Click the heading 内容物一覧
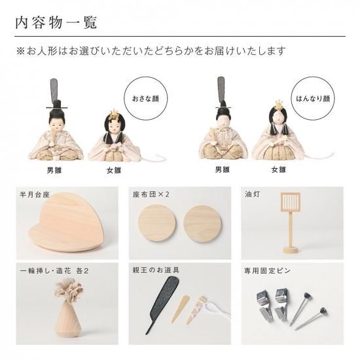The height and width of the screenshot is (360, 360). point(56,22)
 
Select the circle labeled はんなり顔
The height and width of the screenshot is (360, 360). point(313,99)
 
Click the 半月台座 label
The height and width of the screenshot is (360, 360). point(35,194)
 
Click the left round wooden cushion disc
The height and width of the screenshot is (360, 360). point(157,223)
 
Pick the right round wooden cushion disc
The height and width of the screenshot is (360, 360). point(202,223)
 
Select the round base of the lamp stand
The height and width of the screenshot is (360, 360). point(291,249)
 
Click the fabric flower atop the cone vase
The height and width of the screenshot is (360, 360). point(68,289)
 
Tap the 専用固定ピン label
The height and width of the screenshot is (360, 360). point(268,271)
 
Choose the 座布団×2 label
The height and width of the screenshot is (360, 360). point(151,194)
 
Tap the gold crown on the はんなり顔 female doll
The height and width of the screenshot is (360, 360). point(278,105)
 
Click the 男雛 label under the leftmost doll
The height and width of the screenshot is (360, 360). point(54,170)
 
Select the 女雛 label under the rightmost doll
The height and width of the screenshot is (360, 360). point(278,170)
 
